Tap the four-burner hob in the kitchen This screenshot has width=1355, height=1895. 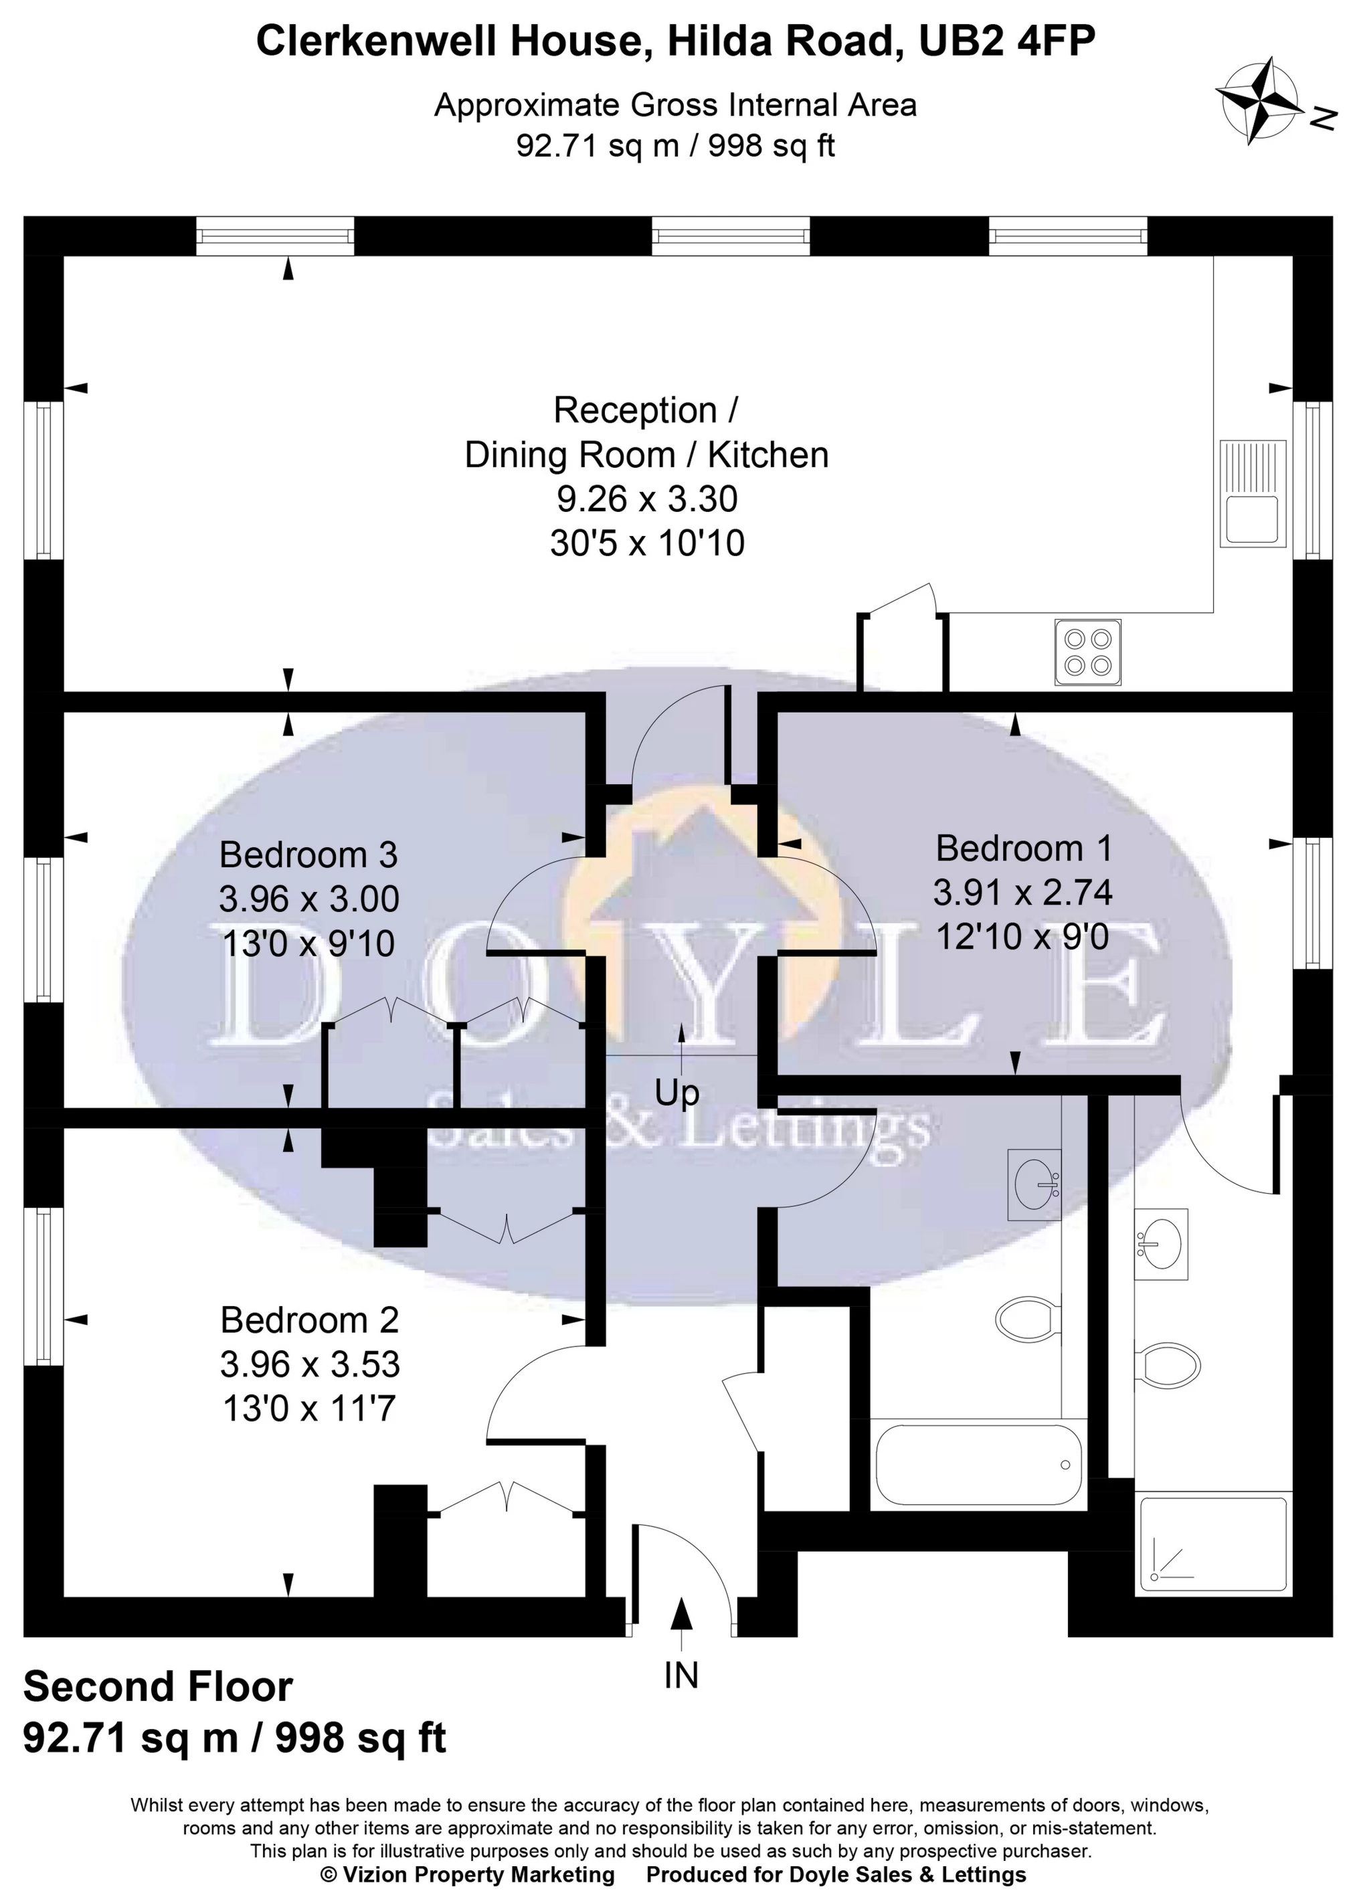[1088, 652]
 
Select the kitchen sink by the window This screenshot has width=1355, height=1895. [1251, 493]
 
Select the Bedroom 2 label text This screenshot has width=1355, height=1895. [310, 1320]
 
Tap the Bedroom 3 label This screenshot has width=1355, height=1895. [308, 854]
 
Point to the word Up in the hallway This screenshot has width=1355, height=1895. [676, 1093]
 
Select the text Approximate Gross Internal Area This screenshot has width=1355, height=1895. [675, 106]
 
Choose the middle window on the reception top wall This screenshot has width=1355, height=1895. [730, 236]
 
